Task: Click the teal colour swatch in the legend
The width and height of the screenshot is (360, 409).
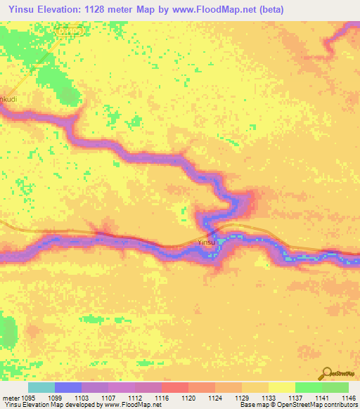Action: point(41,387)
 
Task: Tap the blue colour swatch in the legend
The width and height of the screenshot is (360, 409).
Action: point(68,387)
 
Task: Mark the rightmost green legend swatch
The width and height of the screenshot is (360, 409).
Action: point(335,387)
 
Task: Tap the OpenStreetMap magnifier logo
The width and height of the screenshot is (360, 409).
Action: point(327,375)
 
